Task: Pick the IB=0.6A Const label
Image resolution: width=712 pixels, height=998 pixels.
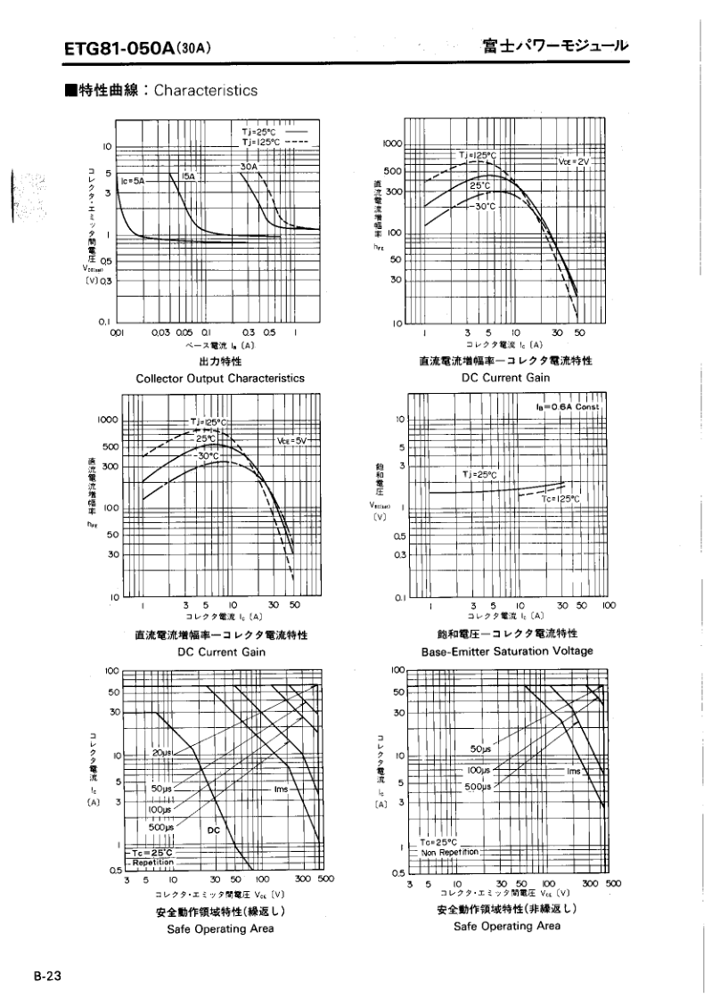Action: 570,406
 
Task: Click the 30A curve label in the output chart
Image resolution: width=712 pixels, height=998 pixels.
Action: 248,167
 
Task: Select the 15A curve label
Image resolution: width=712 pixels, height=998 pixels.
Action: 189,176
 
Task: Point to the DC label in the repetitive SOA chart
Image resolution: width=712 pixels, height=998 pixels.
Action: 213,830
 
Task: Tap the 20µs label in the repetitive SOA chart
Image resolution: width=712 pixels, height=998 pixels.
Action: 161,753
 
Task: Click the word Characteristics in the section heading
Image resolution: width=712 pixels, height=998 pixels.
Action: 206,91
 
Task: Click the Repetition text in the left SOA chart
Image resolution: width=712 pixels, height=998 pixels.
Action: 155,863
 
